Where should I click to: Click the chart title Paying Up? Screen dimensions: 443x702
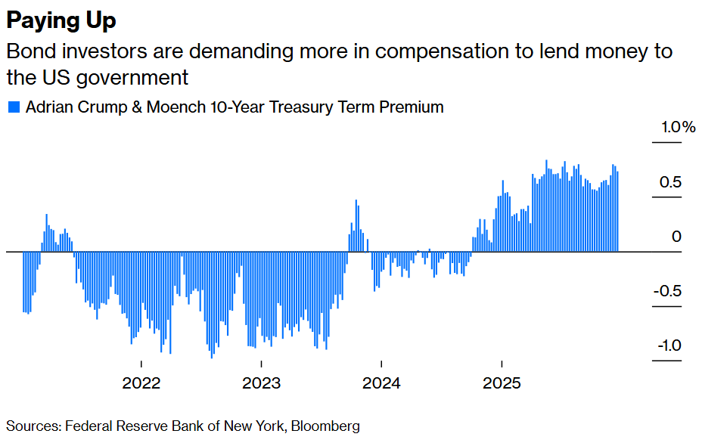(61, 20)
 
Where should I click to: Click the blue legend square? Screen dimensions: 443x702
(13, 107)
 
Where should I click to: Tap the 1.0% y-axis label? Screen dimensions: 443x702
(678, 127)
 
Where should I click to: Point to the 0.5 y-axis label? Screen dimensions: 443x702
(671, 182)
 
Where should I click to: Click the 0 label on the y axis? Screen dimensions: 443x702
(677, 237)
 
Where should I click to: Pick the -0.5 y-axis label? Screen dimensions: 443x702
(668, 292)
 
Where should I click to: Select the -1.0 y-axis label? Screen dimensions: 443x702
(668, 346)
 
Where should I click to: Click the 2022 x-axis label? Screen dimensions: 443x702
(141, 383)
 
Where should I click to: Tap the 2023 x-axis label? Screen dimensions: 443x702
(262, 383)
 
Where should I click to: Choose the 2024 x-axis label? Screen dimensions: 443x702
(382, 383)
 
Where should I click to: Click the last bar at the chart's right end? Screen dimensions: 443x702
(617, 212)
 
